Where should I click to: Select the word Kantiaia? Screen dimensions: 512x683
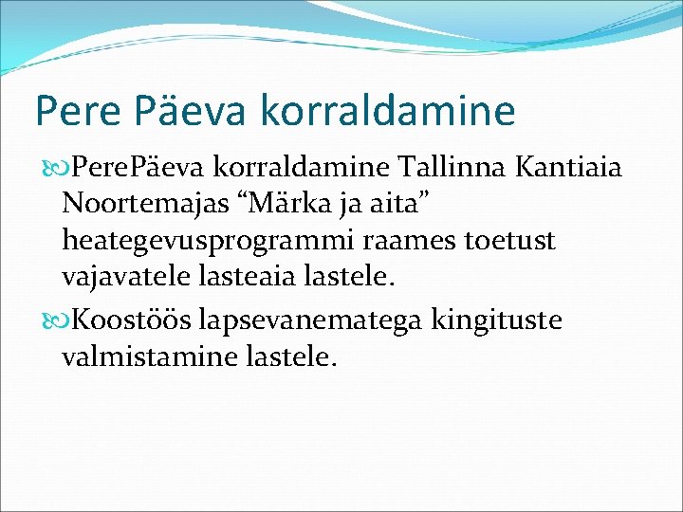coord(569,169)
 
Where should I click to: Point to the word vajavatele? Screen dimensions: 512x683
coord(128,277)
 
